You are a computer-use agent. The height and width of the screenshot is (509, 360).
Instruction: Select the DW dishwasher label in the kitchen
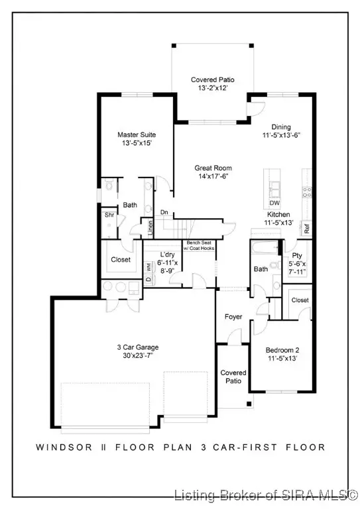coord(274,203)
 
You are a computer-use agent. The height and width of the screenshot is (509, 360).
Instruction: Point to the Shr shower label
coord(109,215)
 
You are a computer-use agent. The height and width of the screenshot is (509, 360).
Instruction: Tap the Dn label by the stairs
coord(164,213)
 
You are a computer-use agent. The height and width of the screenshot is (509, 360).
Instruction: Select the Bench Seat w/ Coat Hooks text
coord(200,246)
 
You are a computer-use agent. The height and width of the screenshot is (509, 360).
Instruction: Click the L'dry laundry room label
coord(168,254)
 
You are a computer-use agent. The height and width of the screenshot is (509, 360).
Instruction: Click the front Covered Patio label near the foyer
coord(233,377)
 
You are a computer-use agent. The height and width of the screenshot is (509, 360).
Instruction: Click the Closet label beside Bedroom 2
coord(300,300)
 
